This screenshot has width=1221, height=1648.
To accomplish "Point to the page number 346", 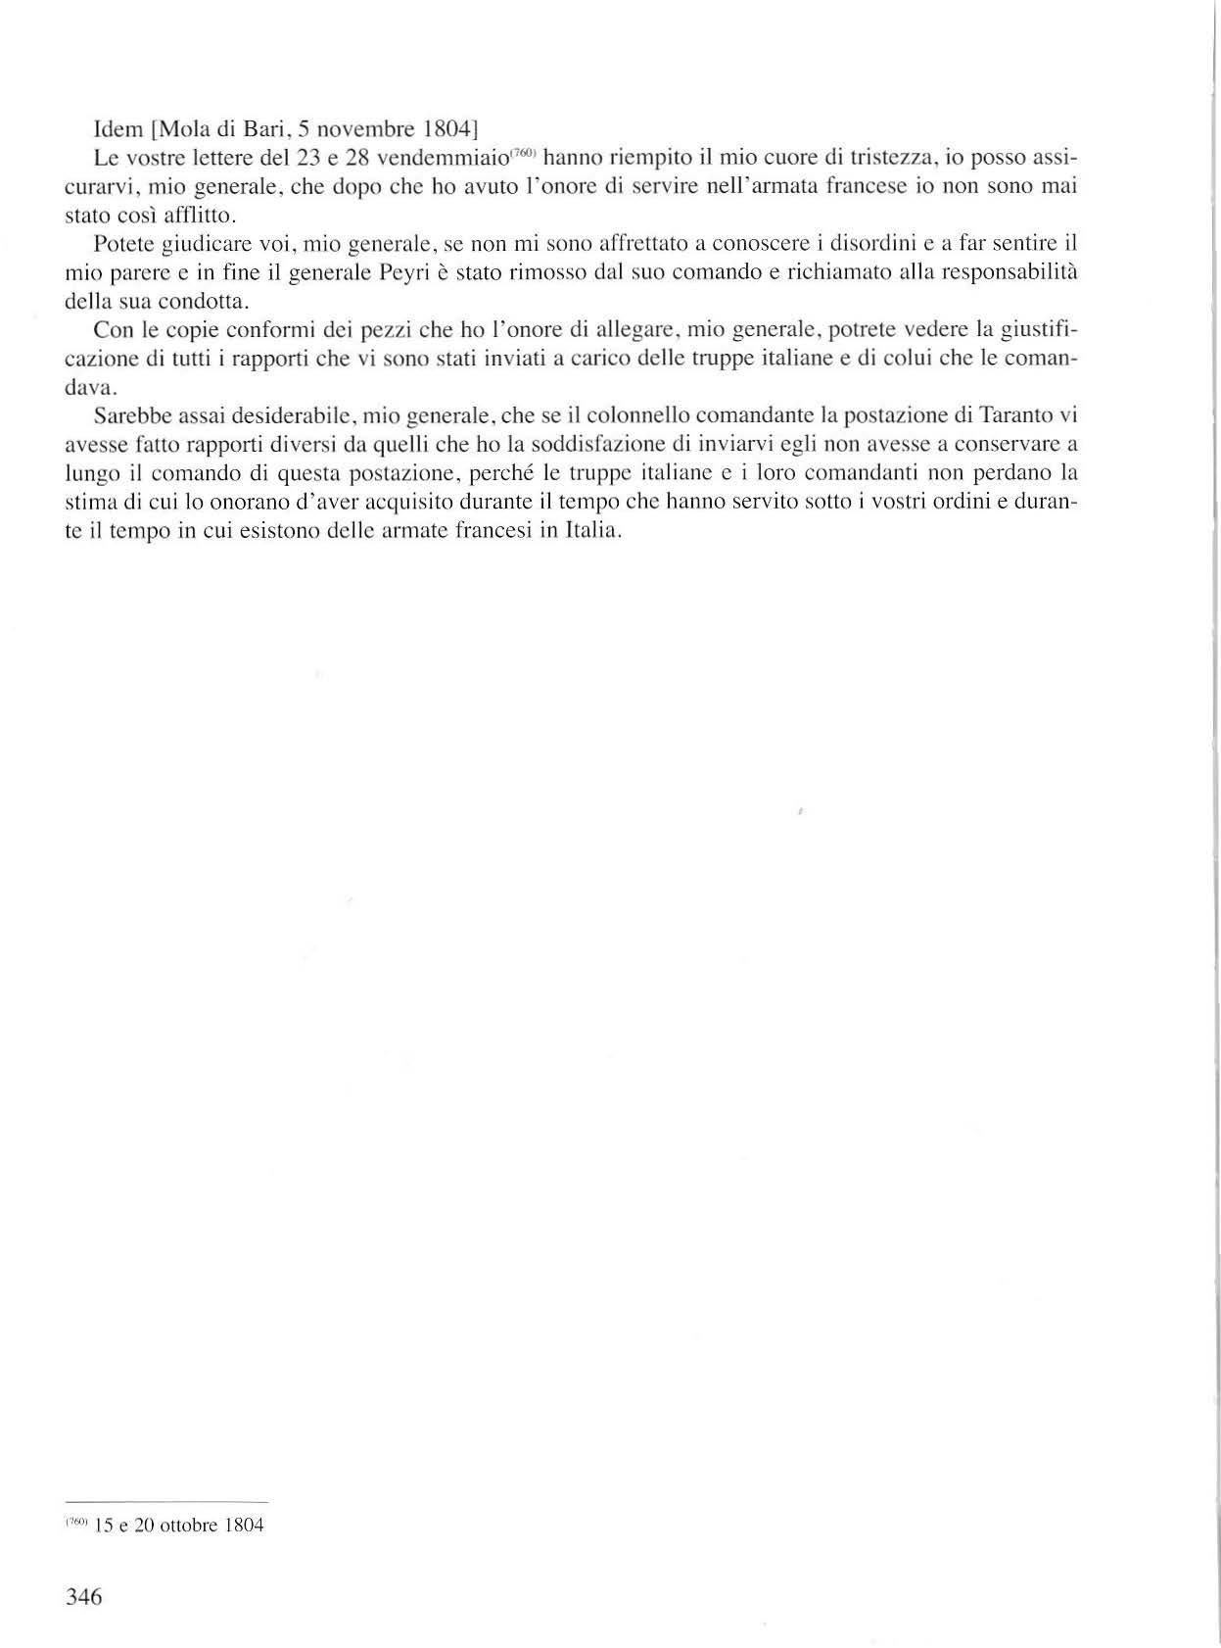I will (x=84, y=1596).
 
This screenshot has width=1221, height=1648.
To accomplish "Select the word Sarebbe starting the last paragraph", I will (x=127, y=415).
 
